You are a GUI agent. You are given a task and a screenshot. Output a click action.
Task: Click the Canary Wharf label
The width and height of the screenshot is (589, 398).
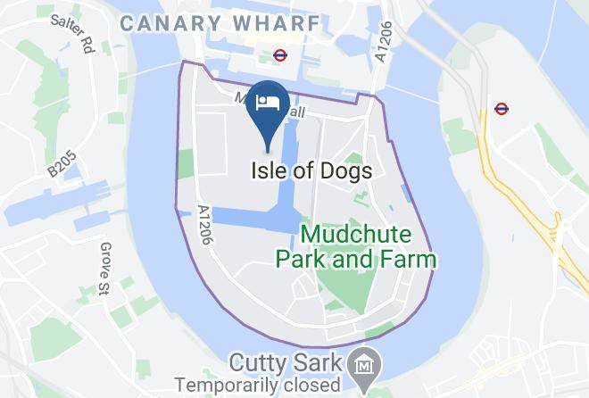click(x=218, y=23)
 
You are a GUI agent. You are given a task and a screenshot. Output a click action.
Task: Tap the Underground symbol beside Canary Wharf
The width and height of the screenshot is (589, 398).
click(x=279, y=54)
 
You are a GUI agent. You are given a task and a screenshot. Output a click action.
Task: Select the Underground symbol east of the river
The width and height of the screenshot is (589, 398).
click(x=502, y=110)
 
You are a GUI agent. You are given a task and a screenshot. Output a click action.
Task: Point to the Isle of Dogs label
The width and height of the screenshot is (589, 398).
click(x=310, y=170)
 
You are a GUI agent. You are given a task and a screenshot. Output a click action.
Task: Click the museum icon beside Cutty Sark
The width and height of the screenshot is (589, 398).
click(x=367, y=365)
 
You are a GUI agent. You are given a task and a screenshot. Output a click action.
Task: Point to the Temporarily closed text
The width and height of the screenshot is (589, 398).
click(x=258, y=386)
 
